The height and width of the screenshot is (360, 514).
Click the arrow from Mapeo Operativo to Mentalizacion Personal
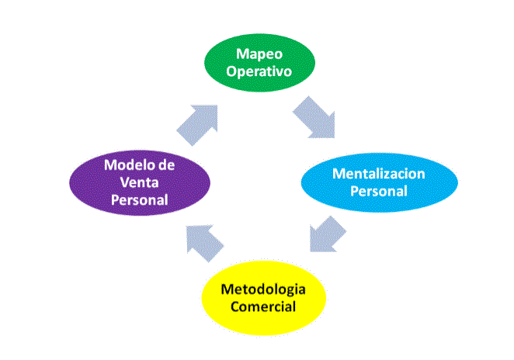click(315, 116)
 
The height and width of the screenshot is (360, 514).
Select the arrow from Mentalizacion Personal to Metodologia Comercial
click(325, 232)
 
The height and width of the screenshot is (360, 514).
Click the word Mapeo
click(259, 54)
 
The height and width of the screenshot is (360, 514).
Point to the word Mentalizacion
click(379, 174)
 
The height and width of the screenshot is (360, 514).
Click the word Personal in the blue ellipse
click(379, 191)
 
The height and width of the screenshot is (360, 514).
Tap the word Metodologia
click(264, 289)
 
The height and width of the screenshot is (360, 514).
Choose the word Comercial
click(263, 306)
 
